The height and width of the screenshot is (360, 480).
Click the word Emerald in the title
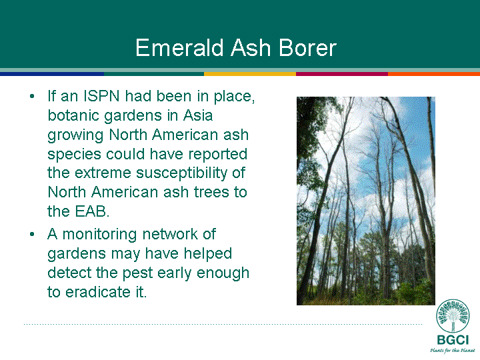coord(180,48)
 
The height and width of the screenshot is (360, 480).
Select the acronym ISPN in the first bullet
coord(101,96)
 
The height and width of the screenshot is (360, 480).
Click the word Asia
coord(198,115)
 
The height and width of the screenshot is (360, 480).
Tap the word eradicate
coord(98,292)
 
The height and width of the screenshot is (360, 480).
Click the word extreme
coord(103,173)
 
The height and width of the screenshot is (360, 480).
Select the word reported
coord(217,155)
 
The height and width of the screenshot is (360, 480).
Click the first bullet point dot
coord(32,97)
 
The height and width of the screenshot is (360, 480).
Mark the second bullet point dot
coord(32,235)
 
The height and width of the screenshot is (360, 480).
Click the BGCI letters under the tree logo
coord(453,340)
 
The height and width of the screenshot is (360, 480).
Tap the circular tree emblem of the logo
coord(453,315)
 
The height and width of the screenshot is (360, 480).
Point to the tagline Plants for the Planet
coord(453,350)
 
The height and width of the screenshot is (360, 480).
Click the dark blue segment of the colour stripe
coord(52,74)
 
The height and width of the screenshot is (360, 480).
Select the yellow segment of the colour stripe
coord(250,74)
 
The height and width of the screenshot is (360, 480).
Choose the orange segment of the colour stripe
coord(434,74)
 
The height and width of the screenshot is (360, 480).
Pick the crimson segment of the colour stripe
coord(342,74)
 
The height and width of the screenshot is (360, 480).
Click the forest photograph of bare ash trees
coord(366,201)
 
